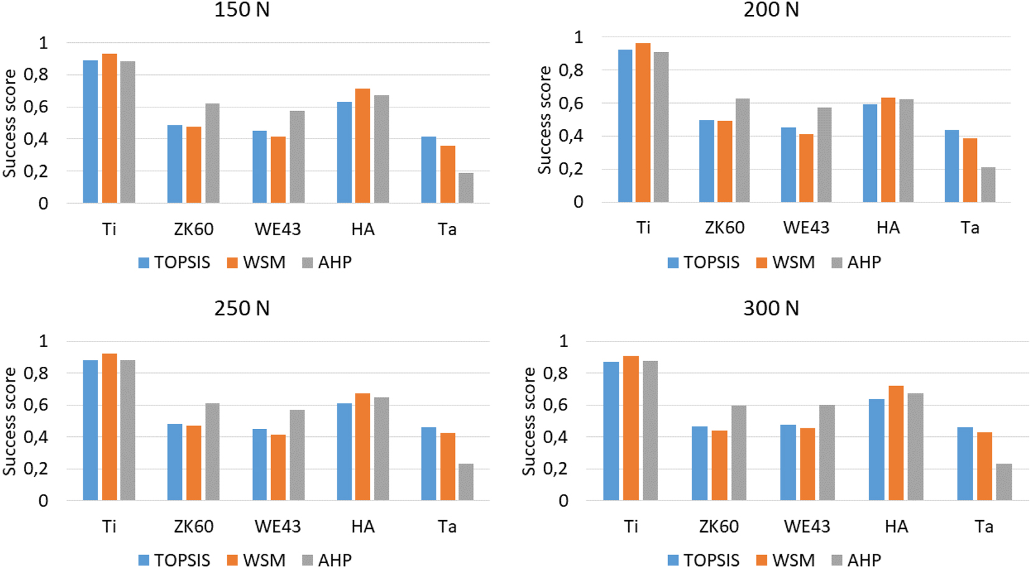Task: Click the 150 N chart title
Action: pyautogui.click(x=242, y=10)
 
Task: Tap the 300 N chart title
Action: pyautogui.click(x=771, y=309)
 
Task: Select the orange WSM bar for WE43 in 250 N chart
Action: pyautogui.click(x=278, y=467)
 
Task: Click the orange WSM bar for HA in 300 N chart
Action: pyautogui.click(x=896, y=443)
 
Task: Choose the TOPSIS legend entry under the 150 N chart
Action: pyautogui.click(x=174, y=263)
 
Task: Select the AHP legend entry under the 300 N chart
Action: pyautogui.click(x=856, y=560)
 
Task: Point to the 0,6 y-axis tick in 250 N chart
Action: pyautogui.click(x=35, y=405)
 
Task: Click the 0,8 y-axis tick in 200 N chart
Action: pyautogui.click(x=570, y=70)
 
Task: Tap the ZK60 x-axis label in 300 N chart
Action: pyautogui.click(x=718, y=526)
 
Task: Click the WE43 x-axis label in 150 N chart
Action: pyautogui.click(x=277, y=229)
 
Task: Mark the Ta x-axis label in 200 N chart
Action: pyautogui.click(x=969, y=228)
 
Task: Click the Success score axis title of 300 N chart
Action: pyautogui.click(x=529, y=421)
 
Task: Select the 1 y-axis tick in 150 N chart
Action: pyautogui.click(x=43, y=43)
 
